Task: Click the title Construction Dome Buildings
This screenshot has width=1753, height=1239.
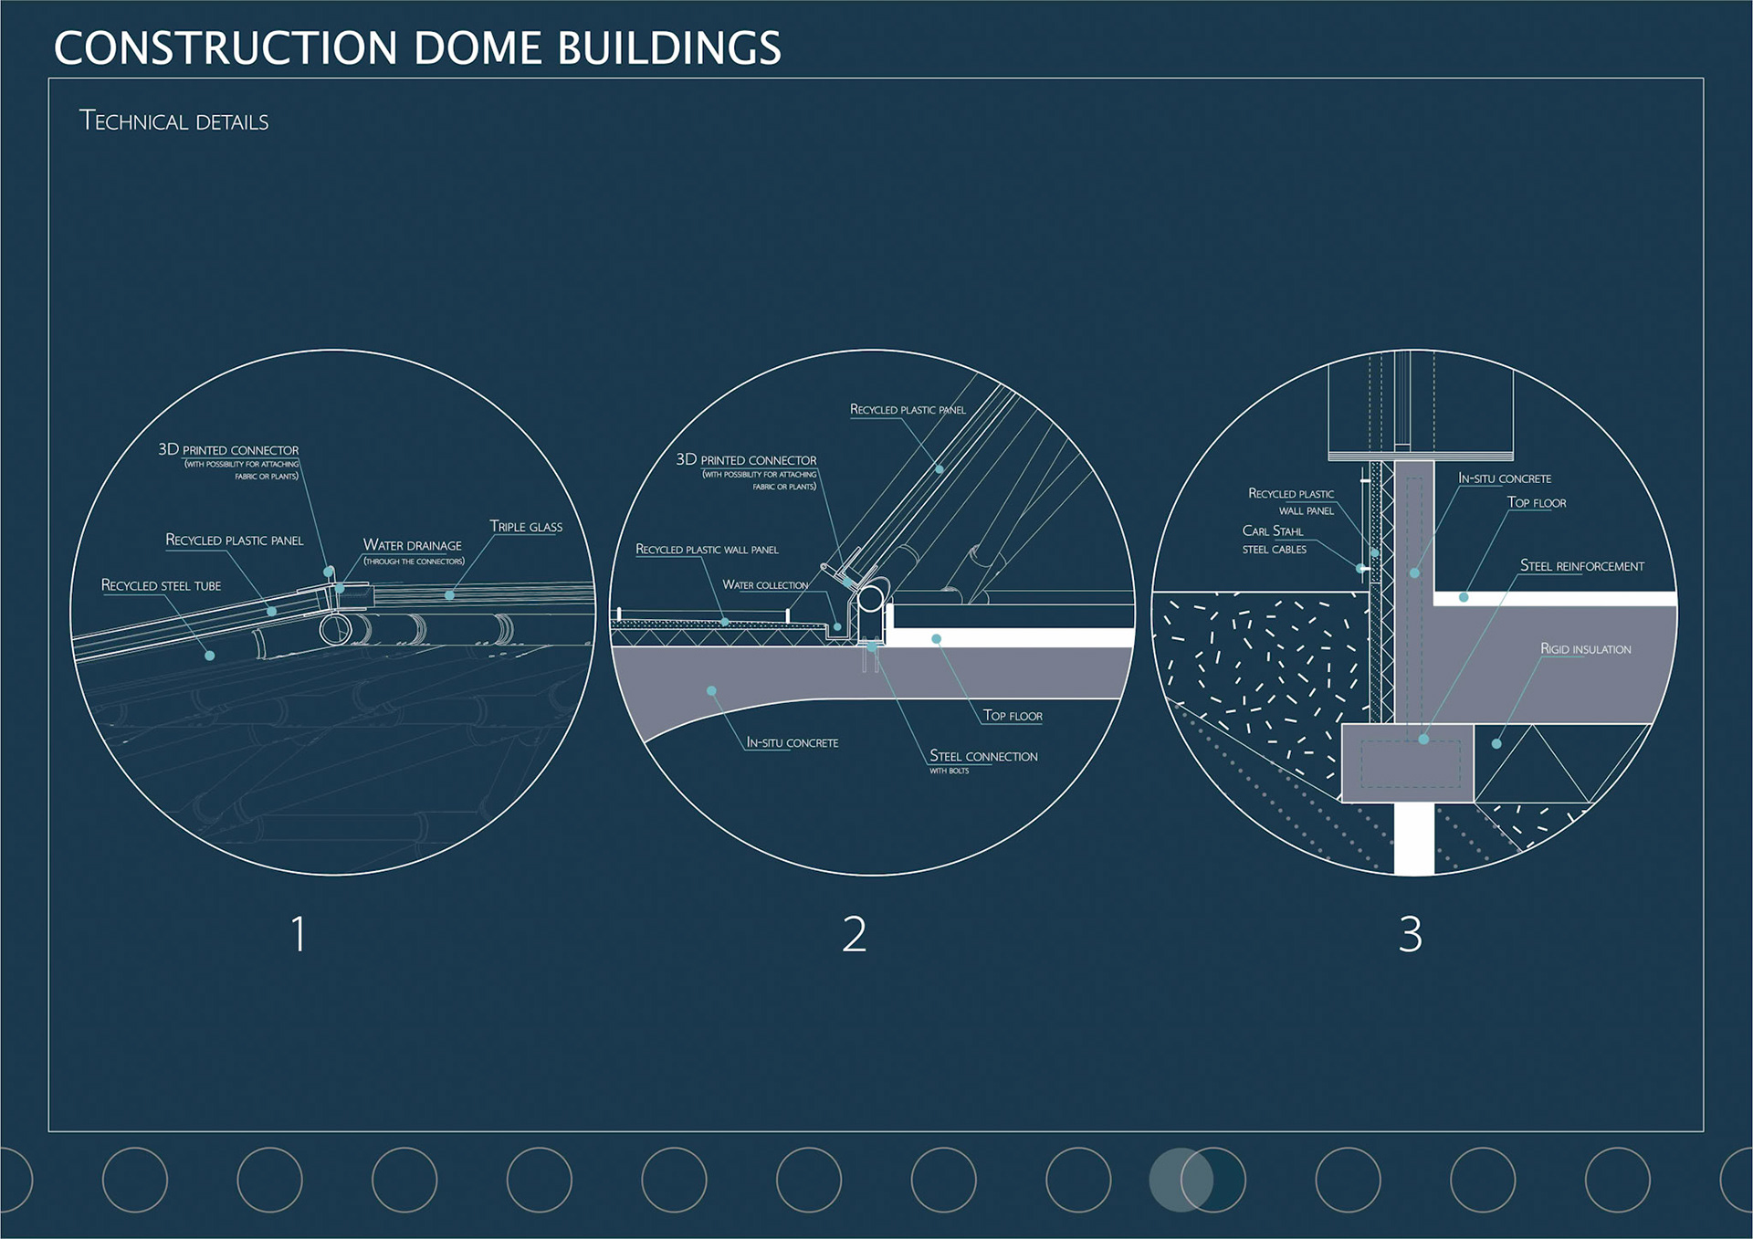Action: [417, 48]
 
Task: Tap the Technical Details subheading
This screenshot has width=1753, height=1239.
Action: [173, 121]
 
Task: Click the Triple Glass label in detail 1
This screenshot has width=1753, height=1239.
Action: [526, 527]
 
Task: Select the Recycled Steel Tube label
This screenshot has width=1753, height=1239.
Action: [161, 585]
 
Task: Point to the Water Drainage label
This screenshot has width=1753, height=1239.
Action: [413, 546]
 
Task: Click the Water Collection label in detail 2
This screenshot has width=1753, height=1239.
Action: [765, 585]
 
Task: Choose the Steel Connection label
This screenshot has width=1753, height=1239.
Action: [983, 757]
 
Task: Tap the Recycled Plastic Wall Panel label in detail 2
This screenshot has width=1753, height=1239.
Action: [707, 550]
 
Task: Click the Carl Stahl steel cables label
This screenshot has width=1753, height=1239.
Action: [1274, 540]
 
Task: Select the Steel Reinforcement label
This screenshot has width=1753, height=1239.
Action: [1581, 566]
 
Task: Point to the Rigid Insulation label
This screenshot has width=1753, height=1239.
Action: [1585, 649]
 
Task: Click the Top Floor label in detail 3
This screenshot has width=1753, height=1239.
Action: [1536, 503]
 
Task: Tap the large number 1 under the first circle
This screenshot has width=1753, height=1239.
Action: [298, 934]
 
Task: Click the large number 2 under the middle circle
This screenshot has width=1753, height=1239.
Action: [854, 934]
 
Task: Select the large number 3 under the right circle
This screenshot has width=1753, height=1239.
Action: [1410, 934]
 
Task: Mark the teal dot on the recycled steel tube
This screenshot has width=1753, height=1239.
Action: [210, 656]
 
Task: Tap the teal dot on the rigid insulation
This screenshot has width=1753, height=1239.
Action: [1496, 743]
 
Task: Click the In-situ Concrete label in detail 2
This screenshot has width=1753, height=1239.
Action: [792, 743]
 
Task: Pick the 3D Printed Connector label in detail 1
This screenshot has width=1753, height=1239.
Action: [228, 450]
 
